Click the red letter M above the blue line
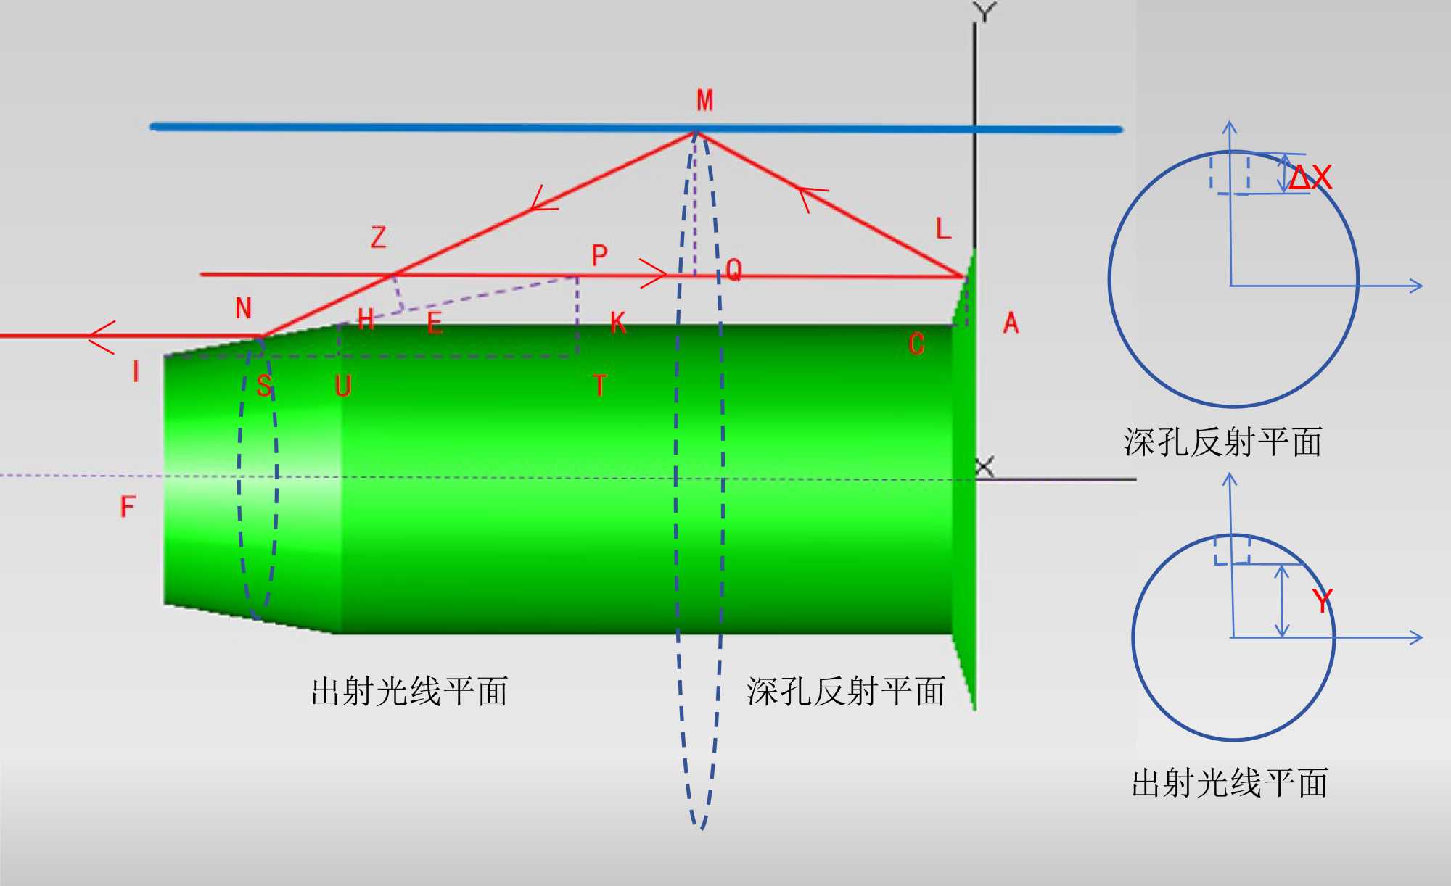click(704, 100)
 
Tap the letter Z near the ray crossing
click(378, 237)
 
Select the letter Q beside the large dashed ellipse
click(733, 270)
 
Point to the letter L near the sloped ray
click(942, 229)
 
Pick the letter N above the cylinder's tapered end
click(243, 308)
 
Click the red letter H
click(366, 319)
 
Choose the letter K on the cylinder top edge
click(617, 323)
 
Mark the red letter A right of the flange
click(1011, 323)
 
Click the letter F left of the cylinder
click(128, 506)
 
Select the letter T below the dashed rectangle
click(599, 386)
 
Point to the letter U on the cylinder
click(343, 386)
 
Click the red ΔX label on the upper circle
click(1310, 177)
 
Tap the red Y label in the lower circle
click(1322, 601)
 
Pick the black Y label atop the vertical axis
click(985, 12)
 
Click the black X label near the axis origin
click(984, 467)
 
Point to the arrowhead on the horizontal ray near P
click(655, 273)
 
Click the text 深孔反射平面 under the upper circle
click(1222, 442)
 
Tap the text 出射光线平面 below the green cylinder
click(409, 691)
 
